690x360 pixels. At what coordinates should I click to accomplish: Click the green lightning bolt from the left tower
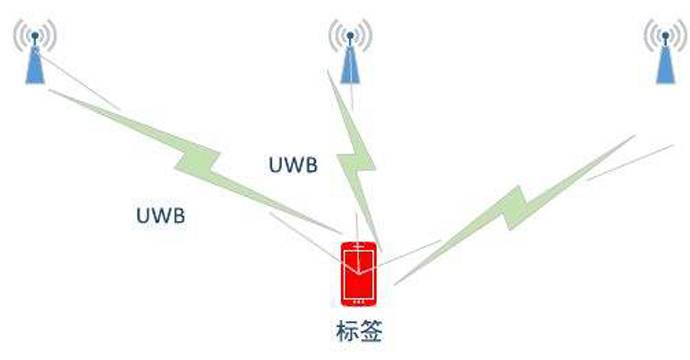coord(200,155)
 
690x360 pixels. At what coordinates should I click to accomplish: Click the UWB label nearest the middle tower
coord(294,165)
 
